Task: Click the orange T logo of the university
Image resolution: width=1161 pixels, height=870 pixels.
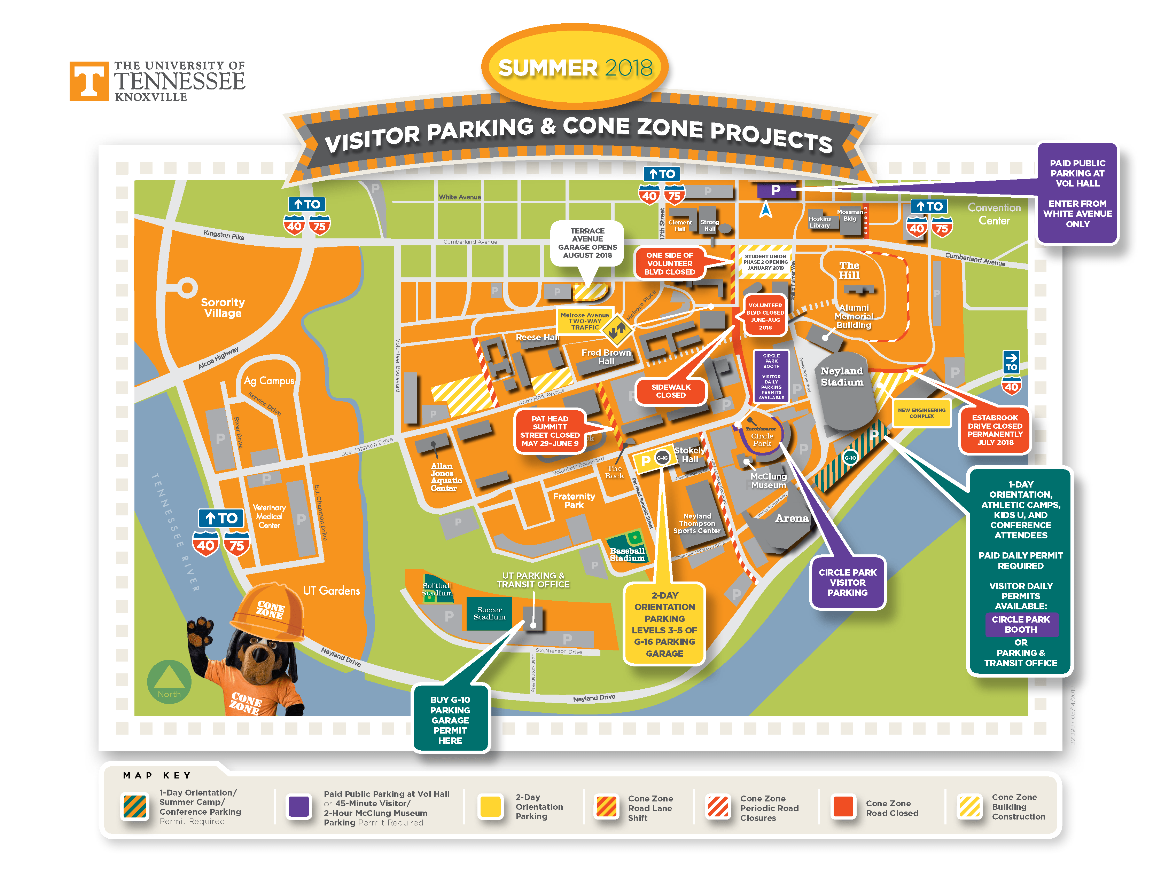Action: click(x=89, y=81)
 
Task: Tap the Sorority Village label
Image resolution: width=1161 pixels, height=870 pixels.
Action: click(x=223, y=308)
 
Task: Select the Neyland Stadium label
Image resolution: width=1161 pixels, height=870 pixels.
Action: click(x=841, y=377)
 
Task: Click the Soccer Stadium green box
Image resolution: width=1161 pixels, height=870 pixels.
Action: click(x=489, y=614)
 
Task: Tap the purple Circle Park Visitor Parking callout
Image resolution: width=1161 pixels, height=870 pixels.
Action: click(x=847, y=582)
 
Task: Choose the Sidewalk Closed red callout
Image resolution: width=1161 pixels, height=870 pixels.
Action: click(x=670, y=391)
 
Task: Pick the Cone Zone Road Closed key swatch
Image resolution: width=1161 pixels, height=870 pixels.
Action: click(x=843, y=807)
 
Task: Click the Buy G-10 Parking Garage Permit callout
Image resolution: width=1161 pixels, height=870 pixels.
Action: click(x=450, y=720)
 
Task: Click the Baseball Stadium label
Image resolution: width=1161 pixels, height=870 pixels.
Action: click(x=627, y=554)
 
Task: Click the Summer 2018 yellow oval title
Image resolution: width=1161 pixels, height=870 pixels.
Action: click(x=575, y=68)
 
